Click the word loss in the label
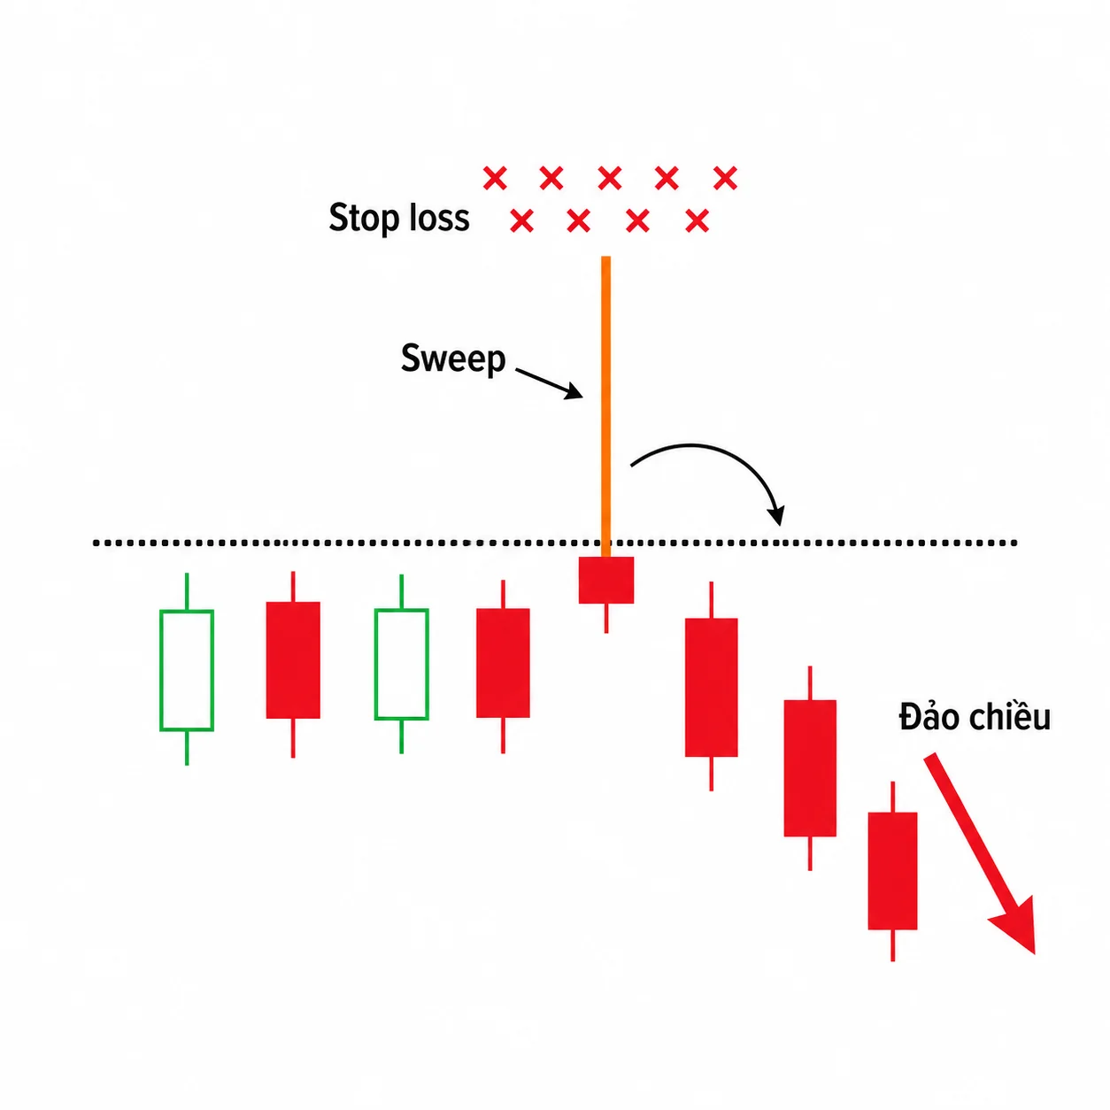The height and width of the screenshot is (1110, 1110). click(x=440, y=217)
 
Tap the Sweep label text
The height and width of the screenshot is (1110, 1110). click(x=453, y=358)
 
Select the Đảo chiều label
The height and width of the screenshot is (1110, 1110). click(x=975, y=717)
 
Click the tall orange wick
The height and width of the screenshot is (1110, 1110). click(x=605, y=406)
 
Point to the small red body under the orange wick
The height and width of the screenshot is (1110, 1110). click(x=606, y=580)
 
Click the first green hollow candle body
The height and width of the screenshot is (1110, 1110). click(x=187, y=670)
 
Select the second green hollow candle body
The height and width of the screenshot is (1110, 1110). click(x=402, y=664)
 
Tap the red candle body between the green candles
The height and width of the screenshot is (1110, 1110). click(x=293, y=660)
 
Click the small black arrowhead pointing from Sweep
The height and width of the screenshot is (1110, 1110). click(x=574, y=391)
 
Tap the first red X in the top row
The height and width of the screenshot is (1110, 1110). click(x=495, y=178)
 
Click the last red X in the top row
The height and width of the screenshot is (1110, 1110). click(x=725, y=178)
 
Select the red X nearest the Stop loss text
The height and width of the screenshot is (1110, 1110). click(x=522, y=221)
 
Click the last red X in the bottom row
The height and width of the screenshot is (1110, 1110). click(x=697, y=221)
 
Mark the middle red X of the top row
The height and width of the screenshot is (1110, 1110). click(x=609, y=178)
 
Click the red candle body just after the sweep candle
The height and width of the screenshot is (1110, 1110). click(x=712, y=687)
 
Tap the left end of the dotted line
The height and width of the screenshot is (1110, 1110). click(x=96, y=543)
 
